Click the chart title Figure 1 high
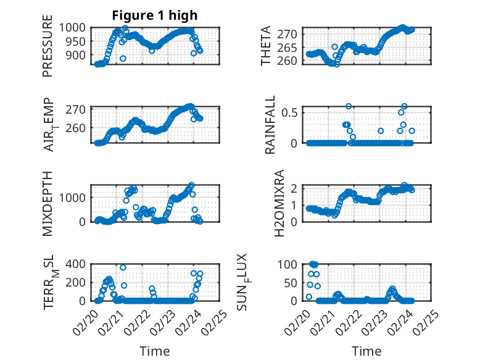(154, 16)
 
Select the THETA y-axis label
(266, 46)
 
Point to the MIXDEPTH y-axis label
(48, 203)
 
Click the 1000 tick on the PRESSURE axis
(75, 28)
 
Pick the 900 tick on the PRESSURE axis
(78, 56)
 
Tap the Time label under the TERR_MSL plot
(154, 351)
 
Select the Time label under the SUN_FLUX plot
(366, 351)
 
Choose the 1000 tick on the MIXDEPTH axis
(75, 198)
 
